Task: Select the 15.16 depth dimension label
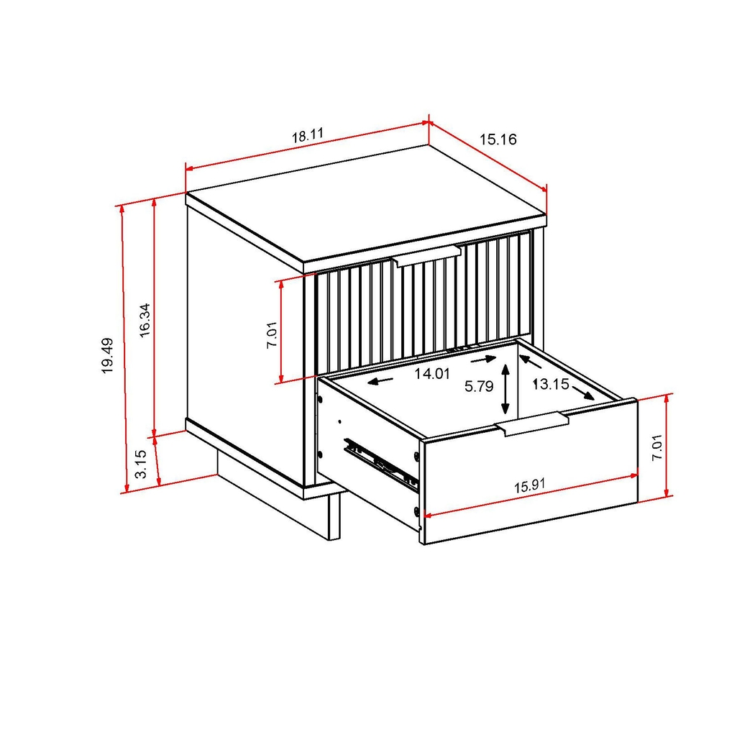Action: tap(498, 139)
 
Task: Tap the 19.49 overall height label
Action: tap(107, 355)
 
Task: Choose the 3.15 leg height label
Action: tap(142, 464)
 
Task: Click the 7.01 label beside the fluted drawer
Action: tap(271, 335)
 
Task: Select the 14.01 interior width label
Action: tap(431, 373)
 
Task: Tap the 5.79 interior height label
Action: tap(478, 386)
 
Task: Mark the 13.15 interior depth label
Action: tap(551, 384)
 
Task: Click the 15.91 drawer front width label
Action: tap(529, 485)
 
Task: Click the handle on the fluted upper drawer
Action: tap(427, 255)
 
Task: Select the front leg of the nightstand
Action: tap(334, 516)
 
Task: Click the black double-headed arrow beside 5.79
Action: tap(507, 388)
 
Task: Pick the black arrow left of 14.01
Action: tap(381, 380)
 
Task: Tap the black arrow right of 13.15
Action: tap(583, 393)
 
